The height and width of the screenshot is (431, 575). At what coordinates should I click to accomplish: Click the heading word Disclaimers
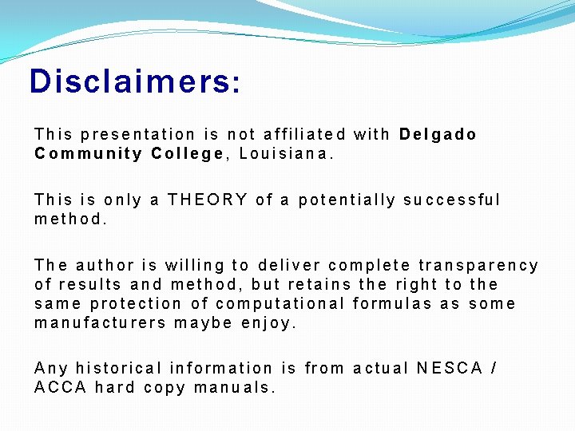click(134, 81)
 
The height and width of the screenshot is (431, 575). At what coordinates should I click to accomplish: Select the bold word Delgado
click(438, 134)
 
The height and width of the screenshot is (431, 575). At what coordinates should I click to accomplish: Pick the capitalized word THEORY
click(208, 200)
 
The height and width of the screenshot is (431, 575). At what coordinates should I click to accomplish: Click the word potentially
click(347, 200)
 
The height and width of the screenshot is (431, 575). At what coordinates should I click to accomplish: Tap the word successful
click(452, 200)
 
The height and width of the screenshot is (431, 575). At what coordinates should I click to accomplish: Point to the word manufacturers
click(101, 322)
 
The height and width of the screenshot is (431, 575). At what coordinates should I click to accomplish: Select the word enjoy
click(269, 322)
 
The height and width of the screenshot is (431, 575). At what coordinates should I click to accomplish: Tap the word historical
click(119, 368)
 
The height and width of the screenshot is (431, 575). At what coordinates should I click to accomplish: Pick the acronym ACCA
click(60, 388)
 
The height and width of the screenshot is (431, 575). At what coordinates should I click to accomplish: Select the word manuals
click(237, 388)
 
